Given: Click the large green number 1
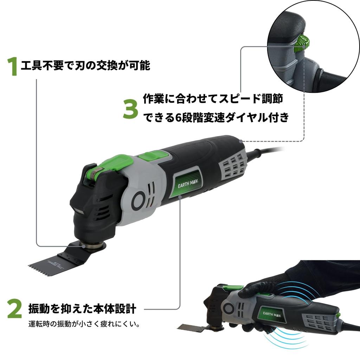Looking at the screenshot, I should click(13, 67).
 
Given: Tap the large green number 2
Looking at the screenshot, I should click(14, 309).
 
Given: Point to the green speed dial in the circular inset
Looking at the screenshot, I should click(302, 44).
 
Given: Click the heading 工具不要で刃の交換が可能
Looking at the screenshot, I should click(85, 66).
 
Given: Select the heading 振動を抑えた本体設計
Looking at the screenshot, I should click(82, 309).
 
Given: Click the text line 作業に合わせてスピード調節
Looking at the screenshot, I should click(213, 99).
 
